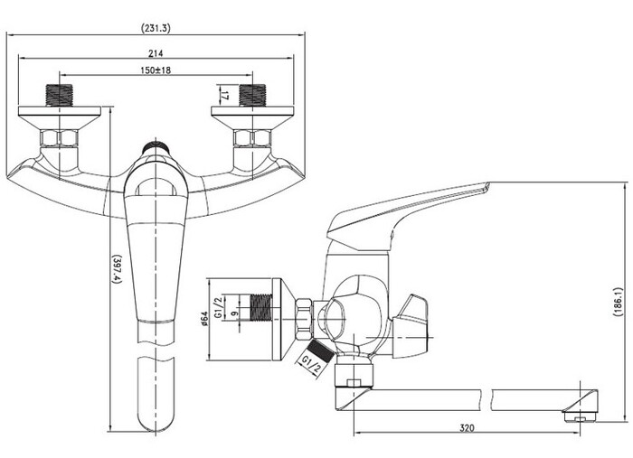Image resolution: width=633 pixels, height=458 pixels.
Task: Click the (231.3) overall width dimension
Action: click(x=156, y=28)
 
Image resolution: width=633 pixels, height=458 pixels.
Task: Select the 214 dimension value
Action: click(x=156, y=52)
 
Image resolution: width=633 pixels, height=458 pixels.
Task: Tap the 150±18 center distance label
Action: click(x=156, y=70)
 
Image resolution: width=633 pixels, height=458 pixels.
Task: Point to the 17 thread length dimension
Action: click(x=225, y=96)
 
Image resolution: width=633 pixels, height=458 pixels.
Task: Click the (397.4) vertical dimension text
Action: click(x=117, y=270)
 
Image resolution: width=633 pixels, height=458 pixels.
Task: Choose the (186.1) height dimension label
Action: click(x=618, y=302)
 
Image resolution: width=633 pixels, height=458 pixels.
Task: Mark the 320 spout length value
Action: click(x=468, y=428)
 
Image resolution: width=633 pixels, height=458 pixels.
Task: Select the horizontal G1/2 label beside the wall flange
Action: click(x=219, y=308)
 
